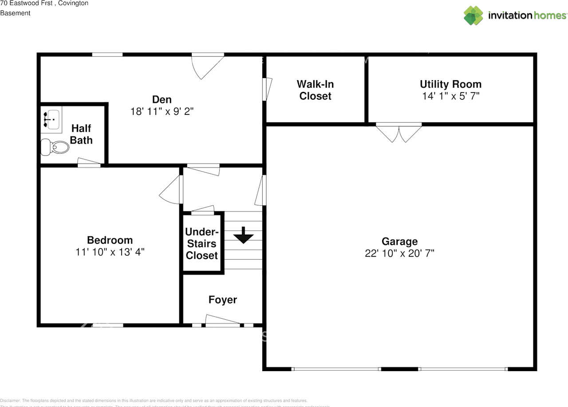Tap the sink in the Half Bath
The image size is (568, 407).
point(51,120)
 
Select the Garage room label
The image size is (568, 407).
point(399,241)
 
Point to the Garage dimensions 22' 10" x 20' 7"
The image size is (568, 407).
point(399,254)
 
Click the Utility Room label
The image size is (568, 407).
point(450,84)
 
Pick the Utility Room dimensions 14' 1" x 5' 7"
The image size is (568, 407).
point(450,96)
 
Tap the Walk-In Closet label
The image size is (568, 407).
point(315,90)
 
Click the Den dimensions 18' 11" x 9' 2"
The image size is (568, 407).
point(162,112)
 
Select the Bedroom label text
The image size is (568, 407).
point(110,240)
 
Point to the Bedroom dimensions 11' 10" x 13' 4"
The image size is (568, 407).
point(110,252)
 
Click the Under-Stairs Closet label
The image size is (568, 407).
point(202,243)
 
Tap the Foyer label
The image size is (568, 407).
point(223,300)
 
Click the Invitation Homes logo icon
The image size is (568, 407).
point(473,16)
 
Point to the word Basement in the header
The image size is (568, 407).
point(15,13)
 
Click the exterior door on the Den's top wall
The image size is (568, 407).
point(208,64)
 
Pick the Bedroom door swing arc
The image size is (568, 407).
point(170,191)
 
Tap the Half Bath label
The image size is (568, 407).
point(81,134)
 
